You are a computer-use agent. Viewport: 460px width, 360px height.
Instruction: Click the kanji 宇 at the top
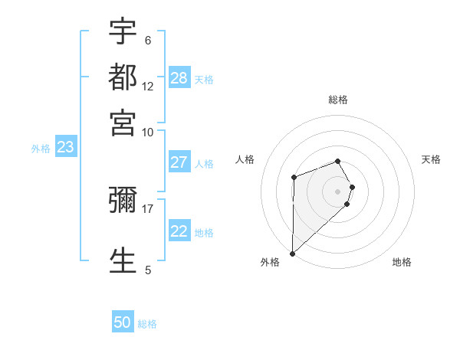point(123,32)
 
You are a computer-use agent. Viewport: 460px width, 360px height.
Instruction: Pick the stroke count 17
point(148,208)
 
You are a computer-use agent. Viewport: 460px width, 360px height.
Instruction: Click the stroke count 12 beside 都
point(148,87)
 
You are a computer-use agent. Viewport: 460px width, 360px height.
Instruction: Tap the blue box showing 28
point(179,77)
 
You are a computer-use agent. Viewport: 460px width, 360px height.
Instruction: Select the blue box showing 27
point(179,162)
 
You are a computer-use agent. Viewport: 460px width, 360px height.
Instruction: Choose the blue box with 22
point(179,231)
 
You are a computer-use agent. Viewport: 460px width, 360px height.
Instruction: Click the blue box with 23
point(65,148)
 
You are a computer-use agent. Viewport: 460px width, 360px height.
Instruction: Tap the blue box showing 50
point(123,322)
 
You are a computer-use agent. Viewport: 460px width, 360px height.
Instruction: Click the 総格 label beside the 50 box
point(147,324)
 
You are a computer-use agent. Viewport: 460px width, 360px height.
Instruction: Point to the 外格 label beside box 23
point(41,149)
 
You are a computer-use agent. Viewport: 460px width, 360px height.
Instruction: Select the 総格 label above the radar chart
point(337,100)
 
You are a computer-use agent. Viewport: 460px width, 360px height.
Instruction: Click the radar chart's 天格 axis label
point(431,159)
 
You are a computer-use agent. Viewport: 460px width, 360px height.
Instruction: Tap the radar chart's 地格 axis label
point(402,262)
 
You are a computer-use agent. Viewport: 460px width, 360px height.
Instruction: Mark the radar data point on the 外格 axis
point(292,253)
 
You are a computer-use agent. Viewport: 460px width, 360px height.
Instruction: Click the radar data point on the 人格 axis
point(294,178)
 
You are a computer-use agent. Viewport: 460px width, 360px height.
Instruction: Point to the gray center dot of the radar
point(337,191)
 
